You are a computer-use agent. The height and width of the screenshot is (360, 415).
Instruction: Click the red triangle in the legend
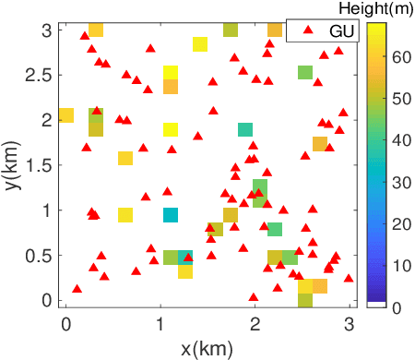303,31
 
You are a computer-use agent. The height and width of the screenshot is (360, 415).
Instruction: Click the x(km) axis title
207,348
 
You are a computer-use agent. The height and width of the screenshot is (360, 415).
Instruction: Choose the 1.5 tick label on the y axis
39,164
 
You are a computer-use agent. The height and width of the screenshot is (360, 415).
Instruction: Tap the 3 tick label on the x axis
349,321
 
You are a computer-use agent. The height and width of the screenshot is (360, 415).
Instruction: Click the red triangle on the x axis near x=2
254,297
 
